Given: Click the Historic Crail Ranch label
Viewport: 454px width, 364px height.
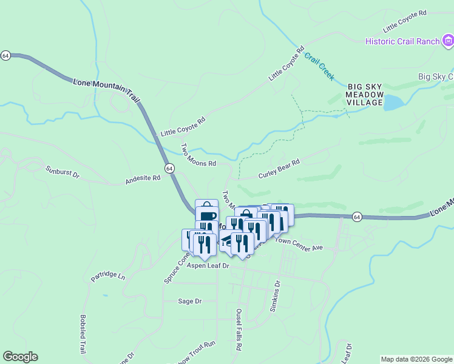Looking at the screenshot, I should click(x=402, y=41).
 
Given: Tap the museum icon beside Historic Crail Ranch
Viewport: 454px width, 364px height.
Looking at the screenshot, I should click(x=448, y=41).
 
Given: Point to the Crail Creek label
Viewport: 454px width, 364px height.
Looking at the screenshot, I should click(x=319, y=67).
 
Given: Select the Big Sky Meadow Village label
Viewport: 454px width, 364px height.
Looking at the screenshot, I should click(x=365, y=95).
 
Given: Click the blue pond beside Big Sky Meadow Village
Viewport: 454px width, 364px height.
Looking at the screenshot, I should click(x=394, y=103).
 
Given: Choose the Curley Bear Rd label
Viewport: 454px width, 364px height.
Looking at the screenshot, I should click(x=279, y=168).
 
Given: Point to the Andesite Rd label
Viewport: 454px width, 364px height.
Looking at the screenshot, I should click(x=143, y=178).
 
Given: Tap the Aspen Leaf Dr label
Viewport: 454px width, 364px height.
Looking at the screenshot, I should click(x=208, y=266).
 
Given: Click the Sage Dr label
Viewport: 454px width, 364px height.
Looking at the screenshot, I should click(x=189, y=301).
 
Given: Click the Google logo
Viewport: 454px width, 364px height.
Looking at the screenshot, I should click(x=20, y=357).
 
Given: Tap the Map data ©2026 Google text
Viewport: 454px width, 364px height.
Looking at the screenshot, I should click(x=416, y=359).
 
